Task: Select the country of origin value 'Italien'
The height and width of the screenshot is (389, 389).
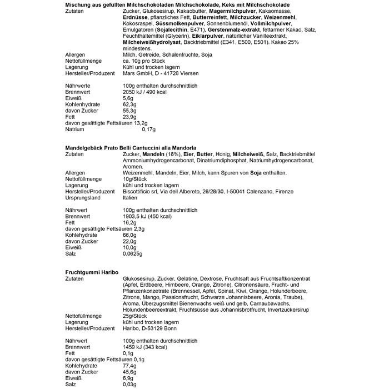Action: [x=130, y=197]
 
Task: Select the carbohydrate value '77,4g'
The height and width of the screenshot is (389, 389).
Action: [x=129, y=366]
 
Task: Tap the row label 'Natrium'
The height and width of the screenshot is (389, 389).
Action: [x=75, y=129]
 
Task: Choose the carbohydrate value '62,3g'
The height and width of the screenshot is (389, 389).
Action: [x=129, y=104]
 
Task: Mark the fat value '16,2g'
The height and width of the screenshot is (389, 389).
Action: [x=129, y=222]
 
